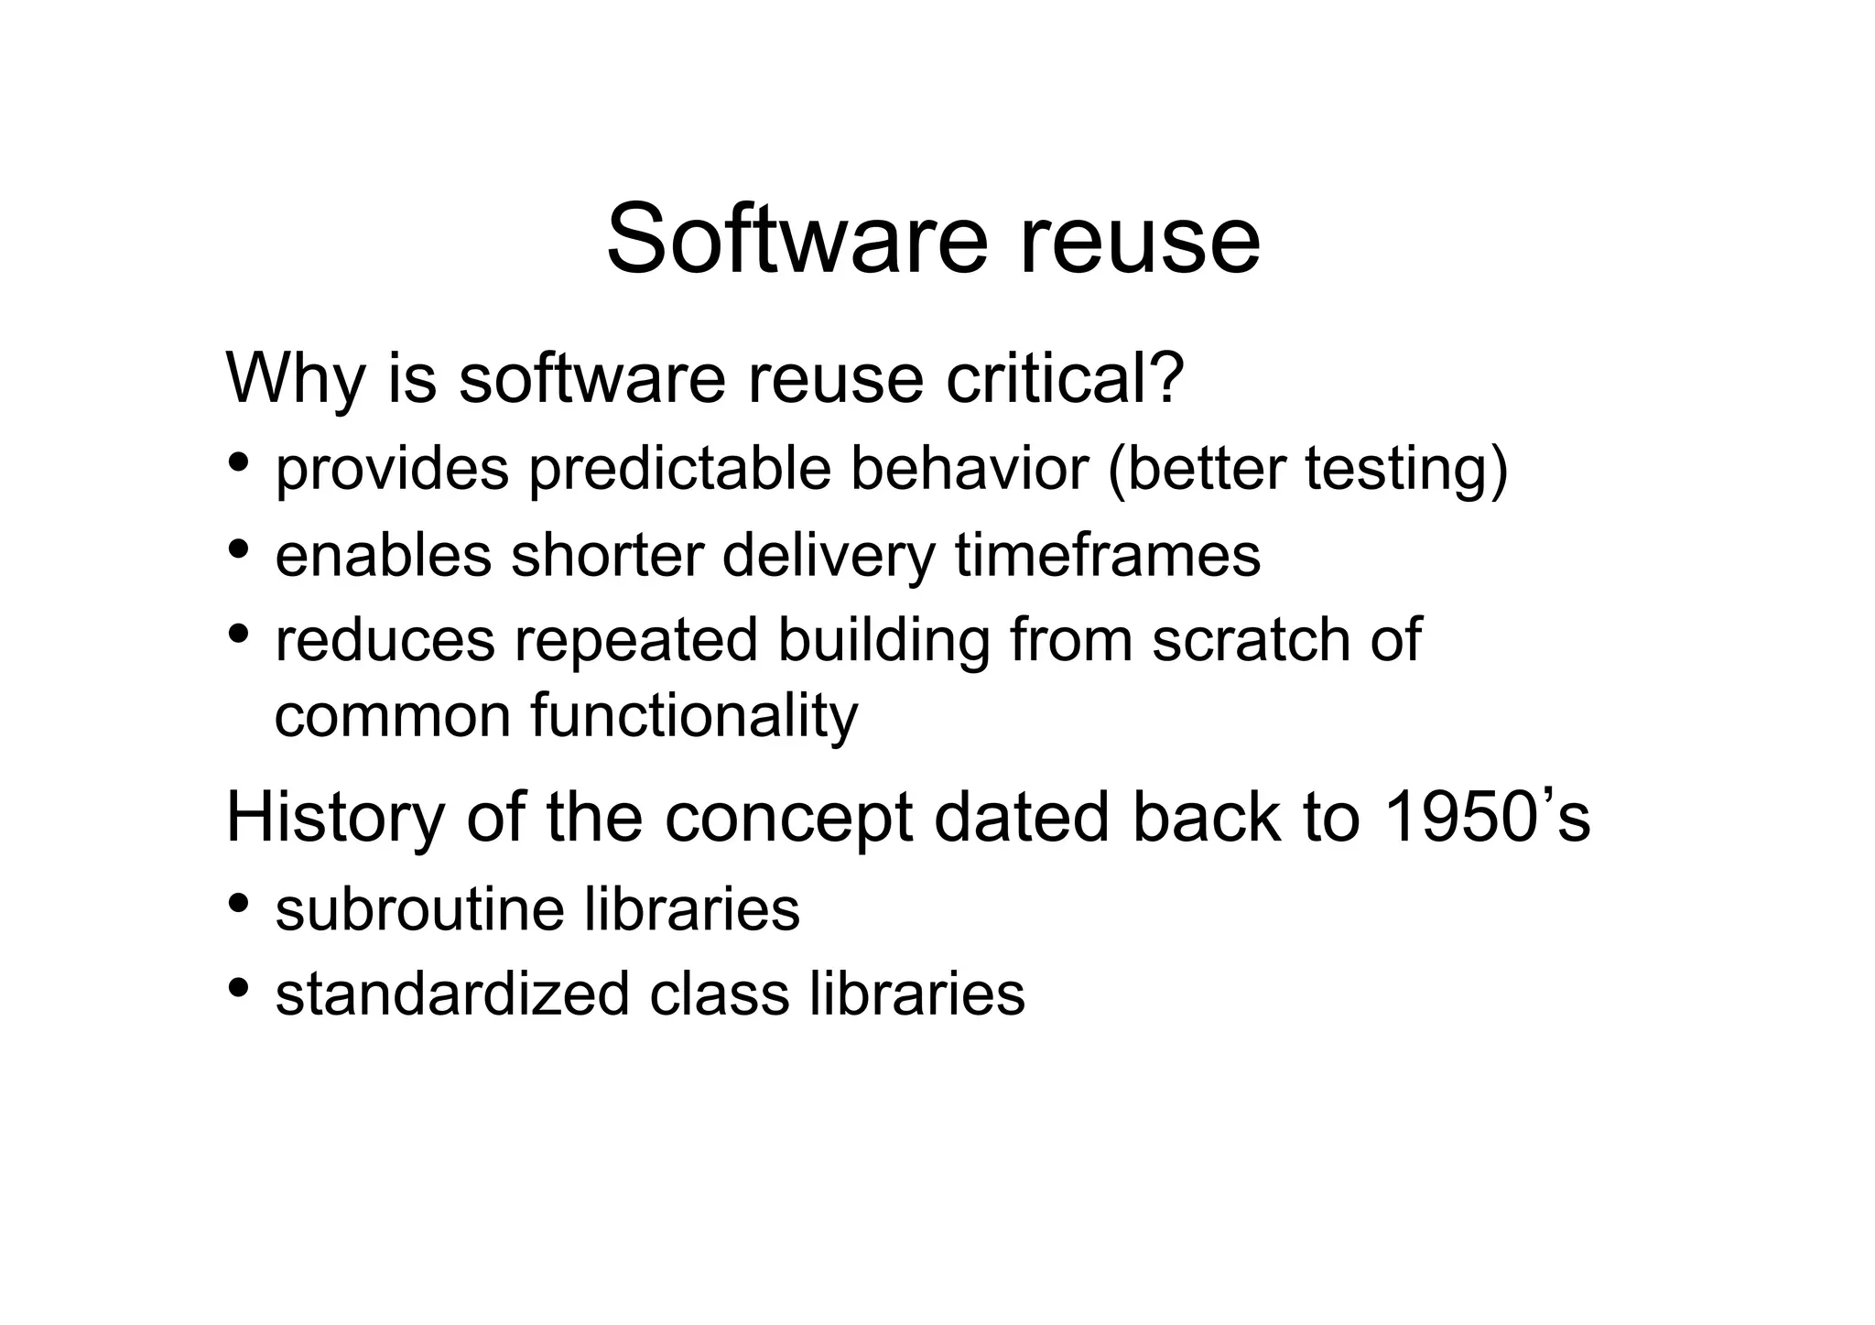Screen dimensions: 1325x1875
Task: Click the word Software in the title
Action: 797,240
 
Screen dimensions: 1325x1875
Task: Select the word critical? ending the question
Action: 1065,377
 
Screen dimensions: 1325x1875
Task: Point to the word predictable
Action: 679,469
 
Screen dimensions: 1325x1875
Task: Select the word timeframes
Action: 1107,555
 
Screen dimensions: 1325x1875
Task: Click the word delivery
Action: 829,555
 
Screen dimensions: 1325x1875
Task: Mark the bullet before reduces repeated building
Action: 239,633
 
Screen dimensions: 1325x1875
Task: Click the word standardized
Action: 452,994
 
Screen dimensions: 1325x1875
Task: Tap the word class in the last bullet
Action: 719,994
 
